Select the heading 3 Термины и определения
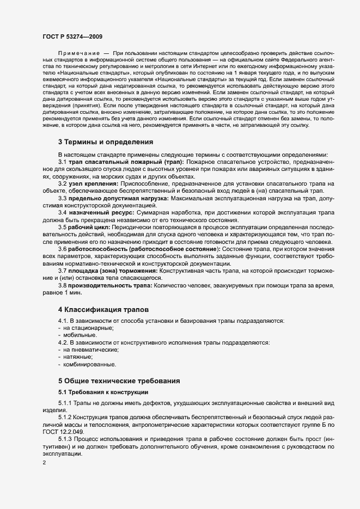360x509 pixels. pyautogui.click(x=106, y=142)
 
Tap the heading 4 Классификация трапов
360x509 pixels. pyautogui.click(x=103, y=309)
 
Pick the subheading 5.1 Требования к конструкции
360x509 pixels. pyautogui.click(x=102, y=392)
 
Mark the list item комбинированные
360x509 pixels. pyautogui.click(x=89, y=364)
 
